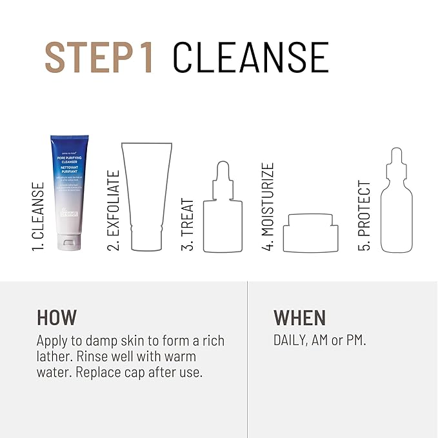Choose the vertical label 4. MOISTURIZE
pos(268,206)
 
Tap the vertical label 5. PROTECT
pos(364,217)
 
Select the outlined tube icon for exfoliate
pos(148,197)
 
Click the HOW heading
pos(57,317)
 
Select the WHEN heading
pos(300,317)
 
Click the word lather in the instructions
pos(54,356)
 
